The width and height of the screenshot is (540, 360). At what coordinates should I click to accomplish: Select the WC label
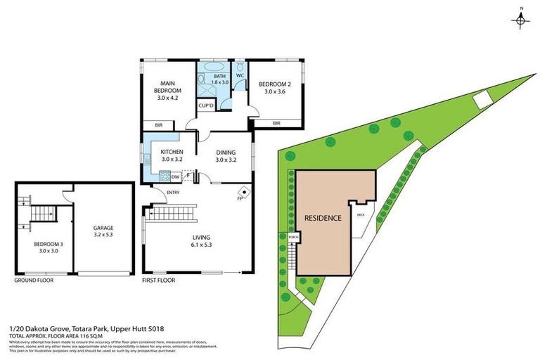pos(240,75)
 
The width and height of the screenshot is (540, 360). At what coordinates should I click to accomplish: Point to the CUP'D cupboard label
pos(206,105)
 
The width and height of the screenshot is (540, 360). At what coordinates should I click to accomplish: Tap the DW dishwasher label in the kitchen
pos(174,177)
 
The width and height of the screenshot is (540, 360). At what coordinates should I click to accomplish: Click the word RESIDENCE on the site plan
pos(323,218)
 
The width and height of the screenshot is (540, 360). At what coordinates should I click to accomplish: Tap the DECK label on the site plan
pos(361,214)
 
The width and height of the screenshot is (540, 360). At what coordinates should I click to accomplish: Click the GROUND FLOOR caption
pos(34,280)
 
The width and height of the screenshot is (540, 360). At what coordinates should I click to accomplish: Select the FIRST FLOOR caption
pos(158,280)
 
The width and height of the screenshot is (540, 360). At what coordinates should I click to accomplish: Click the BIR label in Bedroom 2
pos(276,123)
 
